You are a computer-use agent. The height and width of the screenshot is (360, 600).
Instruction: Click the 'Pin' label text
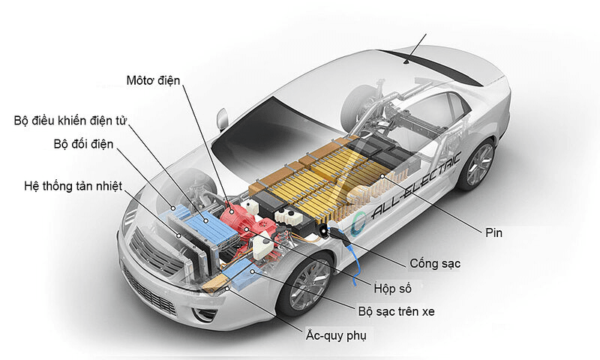coord(493,233)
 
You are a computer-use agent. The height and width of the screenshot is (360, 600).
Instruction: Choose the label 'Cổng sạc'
coord(435,264)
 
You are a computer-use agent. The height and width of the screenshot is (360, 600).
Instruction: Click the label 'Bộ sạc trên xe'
coord(395,311)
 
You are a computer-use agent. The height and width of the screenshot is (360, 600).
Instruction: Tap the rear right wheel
coord(478,163)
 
